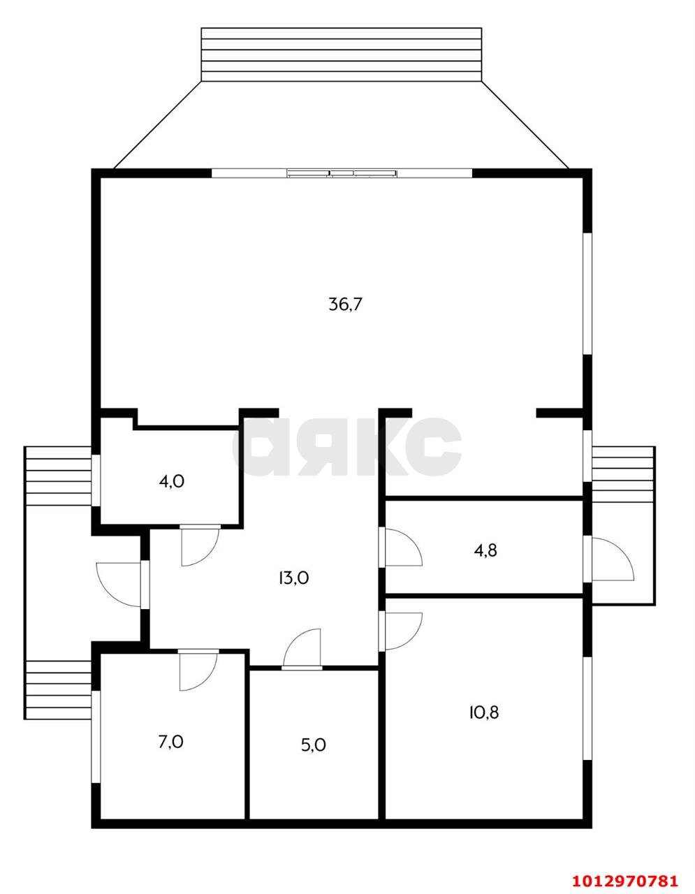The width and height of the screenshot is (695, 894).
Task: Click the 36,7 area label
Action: click(x=345, y=305)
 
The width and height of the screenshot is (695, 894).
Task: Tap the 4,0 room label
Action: click(x=171, y=481)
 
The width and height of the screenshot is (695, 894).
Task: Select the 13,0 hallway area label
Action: click(x=293, y=578)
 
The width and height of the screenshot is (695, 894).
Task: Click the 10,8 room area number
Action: click(x=484, y=712)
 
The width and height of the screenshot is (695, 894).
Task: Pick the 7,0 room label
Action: click(x=171, y=742)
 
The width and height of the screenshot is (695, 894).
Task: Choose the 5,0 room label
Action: click(x=314, y=745)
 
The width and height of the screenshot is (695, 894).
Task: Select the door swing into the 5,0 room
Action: click(x=302, y=650)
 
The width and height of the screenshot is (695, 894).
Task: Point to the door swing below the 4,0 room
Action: click(x=200, y=546)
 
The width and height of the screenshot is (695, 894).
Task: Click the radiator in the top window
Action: click(x=342, y=174)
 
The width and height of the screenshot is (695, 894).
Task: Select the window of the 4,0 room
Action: click(x=96, y=481)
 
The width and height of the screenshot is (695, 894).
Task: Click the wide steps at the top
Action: click(x=342, y=54)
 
